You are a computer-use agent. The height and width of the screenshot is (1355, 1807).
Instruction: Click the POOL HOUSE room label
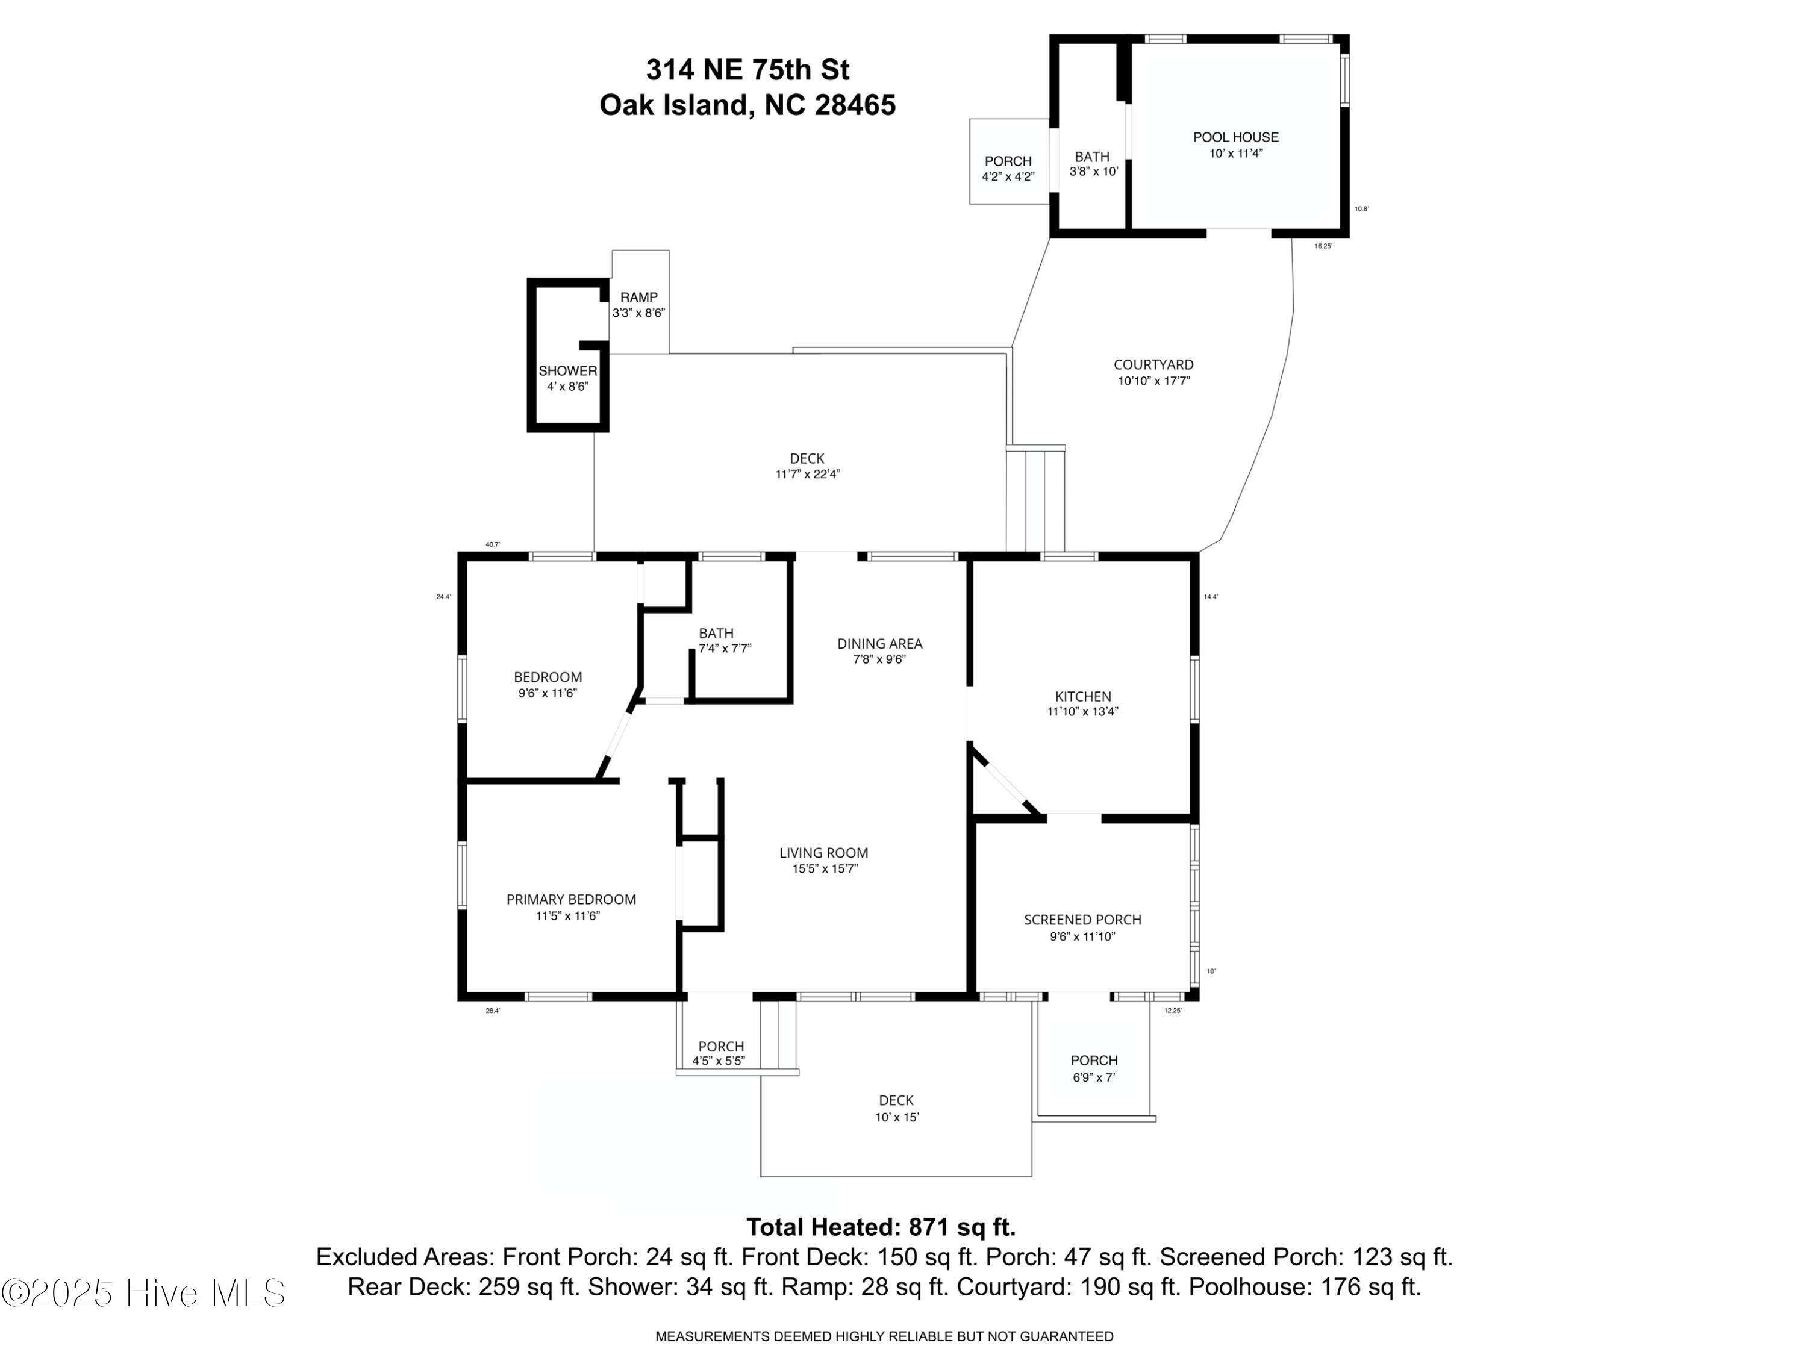pyautogui.click(x=1235, y=137)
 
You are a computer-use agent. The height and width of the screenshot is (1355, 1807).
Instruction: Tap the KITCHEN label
pyautogui.click(x=1082, y=696)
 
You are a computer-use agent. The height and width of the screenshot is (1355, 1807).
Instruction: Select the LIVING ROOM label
pyautogui.click(x=823, y=853)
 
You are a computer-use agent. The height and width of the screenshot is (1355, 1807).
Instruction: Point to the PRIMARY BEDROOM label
pyautogui.click(x=571, y=899)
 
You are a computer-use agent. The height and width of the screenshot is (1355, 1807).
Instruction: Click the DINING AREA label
pyautogui.click(x=880, y=644)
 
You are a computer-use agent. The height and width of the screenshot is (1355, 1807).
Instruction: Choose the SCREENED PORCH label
pyautogui.click(x=1082, y=920)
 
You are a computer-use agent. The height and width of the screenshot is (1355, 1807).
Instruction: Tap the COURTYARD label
pyautogui.click(x=1153, y=364)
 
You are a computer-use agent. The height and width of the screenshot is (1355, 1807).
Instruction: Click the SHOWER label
pyautogui.click(x=568, y=371)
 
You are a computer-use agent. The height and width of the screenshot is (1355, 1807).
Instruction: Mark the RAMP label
pyautogui.click(x=639, y=297)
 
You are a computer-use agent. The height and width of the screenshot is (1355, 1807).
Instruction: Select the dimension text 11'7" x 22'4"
pyautogui.click(x=808, y=474)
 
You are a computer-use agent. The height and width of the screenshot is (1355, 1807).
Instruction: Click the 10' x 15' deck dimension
pyautogui.click(x=897, y=1117)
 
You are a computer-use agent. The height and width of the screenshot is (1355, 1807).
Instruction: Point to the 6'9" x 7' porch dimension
pyautogui.click(x=1094, y=1077)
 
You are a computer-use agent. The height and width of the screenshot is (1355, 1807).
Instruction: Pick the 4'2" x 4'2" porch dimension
pyautogui.click(x=1008, y=176)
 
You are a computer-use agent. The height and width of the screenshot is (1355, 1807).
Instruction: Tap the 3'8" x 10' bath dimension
pyautogui.click(x=1093, y=172)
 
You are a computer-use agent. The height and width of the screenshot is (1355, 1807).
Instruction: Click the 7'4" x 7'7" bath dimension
pyautogui.click(x=725, y=649)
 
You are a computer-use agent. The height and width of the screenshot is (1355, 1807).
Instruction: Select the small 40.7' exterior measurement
pyautogui.click(x=493, y=544)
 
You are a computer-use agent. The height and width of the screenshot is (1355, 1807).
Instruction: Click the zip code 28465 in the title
pyautogui.click(x=855, y=105)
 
